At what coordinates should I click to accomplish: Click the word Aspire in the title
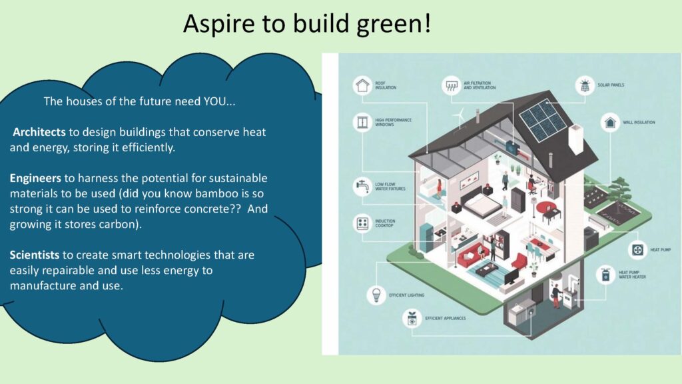[x=218, y=24]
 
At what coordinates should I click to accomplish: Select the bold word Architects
[x=39, y=132]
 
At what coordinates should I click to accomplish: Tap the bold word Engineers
[x=35, y=178]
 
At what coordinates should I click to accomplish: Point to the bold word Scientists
[x=35, y=255]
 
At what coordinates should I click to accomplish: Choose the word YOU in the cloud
[x=214, y=101]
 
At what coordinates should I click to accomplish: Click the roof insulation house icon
[x=362, y=85]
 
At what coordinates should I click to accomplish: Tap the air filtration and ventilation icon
[x=452, y=85]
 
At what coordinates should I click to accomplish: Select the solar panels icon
[x=585, y=85]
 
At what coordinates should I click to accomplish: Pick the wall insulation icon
[x=610, y=123]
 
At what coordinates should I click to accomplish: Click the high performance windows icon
[x=362, y=123]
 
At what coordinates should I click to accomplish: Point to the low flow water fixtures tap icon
[x=362, y=187]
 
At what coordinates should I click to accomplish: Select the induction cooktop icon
[x=362, y=223]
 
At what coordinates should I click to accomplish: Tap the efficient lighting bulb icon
[x=376, y=295]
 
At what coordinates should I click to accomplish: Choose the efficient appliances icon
[x=412, y=319]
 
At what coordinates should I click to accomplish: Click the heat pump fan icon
[x=637, y=250]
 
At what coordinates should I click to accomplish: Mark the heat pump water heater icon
[x=605, y=275]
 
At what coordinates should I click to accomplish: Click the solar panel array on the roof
[x=543, y=121]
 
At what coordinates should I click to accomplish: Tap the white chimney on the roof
[x=576, y=139]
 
